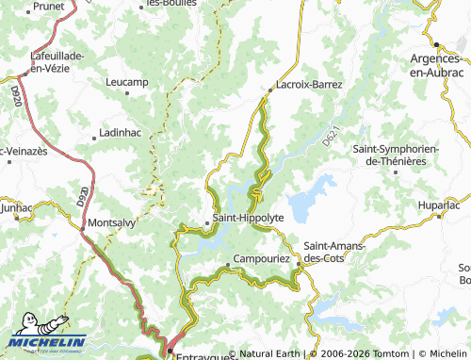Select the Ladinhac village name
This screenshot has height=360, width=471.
point(120,133)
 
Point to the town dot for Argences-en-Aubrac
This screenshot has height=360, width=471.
point(438,44)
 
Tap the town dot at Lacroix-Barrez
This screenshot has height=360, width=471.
point(269,90)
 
